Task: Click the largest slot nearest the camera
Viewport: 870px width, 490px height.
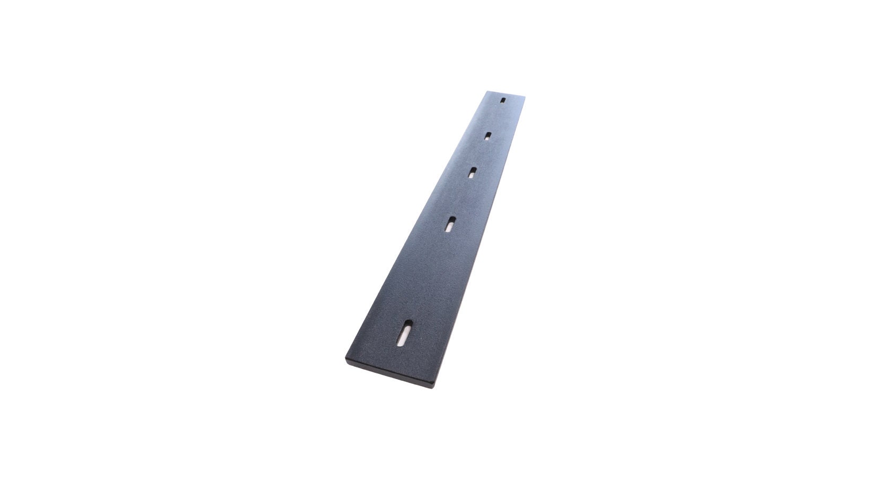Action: pos(406,333)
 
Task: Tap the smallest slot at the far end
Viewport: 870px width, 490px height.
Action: pos(503,100)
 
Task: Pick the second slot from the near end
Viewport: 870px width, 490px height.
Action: pos(450,224)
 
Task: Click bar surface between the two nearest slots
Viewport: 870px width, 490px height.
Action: pos(427,278)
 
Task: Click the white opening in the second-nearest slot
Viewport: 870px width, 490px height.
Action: pos(449,227)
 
